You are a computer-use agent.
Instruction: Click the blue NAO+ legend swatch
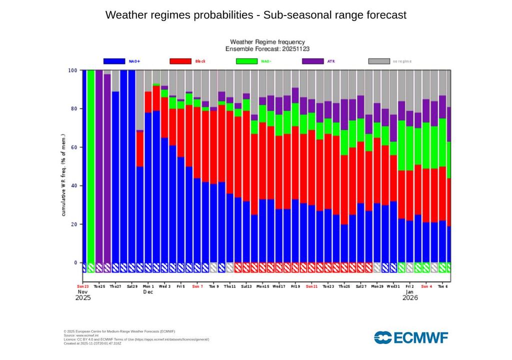114,61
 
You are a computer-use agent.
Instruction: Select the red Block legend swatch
180,61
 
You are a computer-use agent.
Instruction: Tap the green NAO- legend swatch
246,61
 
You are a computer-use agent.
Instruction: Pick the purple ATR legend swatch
312,61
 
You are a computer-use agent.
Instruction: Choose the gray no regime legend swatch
379,61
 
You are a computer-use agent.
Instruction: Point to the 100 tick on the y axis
73,70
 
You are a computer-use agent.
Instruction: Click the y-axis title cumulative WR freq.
64,175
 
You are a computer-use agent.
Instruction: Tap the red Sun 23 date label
83,286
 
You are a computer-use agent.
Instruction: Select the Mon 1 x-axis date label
149,286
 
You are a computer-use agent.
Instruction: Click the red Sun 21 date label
312,286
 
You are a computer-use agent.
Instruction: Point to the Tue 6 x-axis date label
443,286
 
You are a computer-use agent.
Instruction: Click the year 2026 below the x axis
410,298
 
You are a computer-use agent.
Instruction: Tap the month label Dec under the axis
148,291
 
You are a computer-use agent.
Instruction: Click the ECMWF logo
411,337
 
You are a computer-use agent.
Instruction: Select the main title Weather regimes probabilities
256,15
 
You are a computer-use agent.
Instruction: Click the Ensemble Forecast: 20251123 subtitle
267,49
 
